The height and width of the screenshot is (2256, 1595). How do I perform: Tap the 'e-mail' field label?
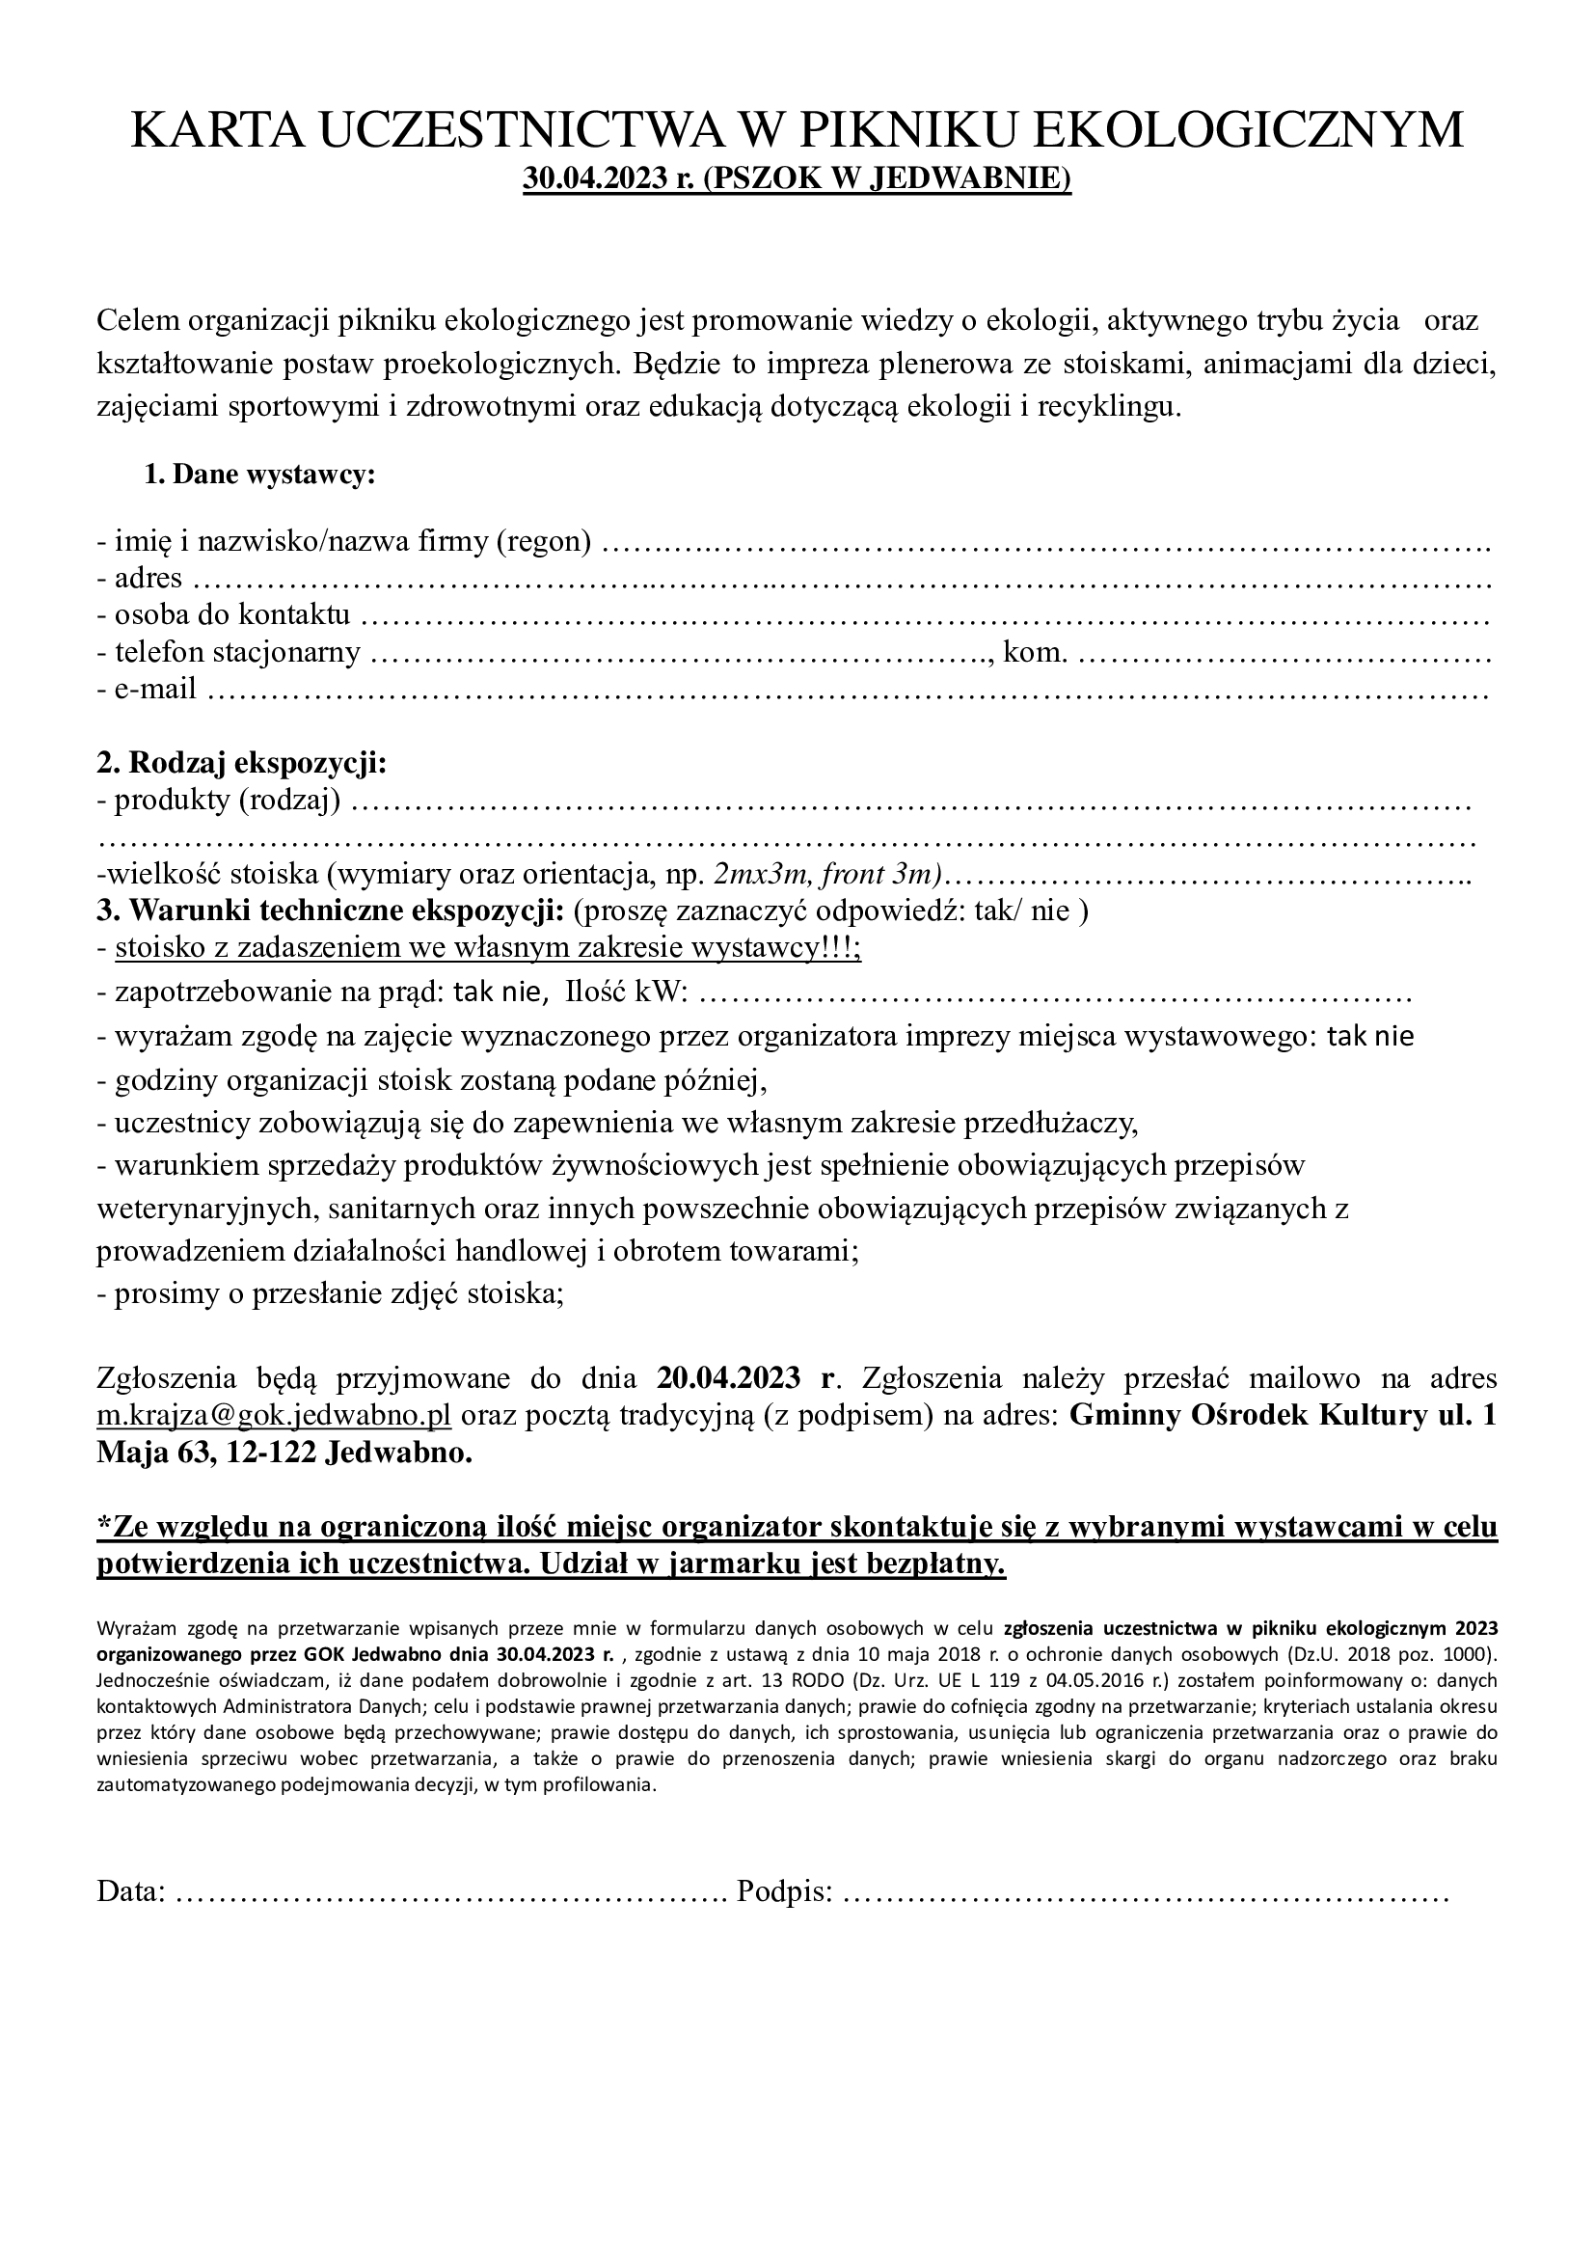tap(155, 689)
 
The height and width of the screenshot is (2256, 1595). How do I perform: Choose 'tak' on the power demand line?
tap(473, 992)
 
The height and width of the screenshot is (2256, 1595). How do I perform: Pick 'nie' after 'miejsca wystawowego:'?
tap(1393, 1036)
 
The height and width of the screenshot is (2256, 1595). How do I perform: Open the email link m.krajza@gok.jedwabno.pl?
tap(274, 1416)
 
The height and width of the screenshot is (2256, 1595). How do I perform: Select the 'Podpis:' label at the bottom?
tap(785, 1891)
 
